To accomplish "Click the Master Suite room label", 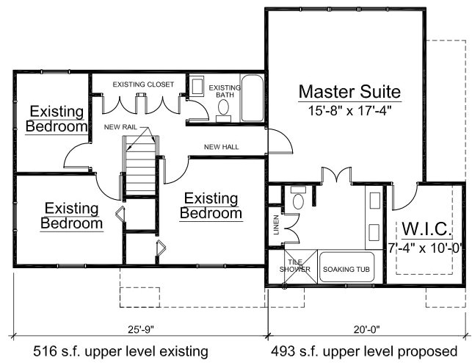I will click(349, 93).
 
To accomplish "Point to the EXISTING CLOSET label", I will click(143, 85).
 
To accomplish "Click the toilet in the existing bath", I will click(224, 109).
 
